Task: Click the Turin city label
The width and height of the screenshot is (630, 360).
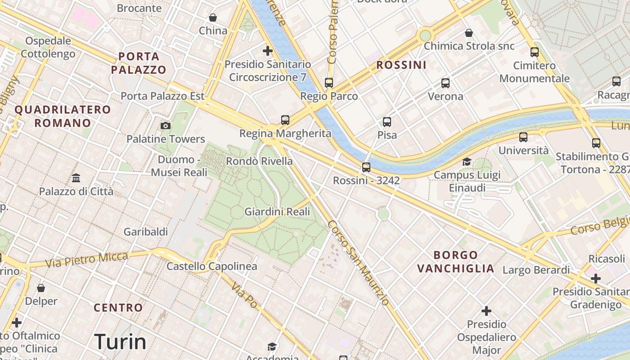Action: click(x=120, y=342)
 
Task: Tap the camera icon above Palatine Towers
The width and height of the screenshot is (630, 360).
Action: click(x=166, y=126)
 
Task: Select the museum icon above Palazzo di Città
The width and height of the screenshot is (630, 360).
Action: click(x=76, y=178)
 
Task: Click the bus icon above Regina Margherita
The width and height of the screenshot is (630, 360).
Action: click(x=285, y=120)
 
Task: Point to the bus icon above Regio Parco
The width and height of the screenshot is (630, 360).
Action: click(x=329, y=83)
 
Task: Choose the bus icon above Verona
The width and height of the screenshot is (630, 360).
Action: click(x=445, y=83)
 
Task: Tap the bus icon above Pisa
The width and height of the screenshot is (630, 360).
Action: click(x=387, y=121)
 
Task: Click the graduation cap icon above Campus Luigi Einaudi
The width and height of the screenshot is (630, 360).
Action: click(x=467, y=162)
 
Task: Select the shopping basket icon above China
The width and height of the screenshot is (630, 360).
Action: click(x=213, y=18)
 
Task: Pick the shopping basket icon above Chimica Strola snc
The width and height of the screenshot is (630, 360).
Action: click(x=469, y=33)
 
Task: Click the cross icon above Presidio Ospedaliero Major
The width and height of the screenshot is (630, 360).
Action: click(x=486, y=311)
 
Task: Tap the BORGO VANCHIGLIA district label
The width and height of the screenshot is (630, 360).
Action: click(x=455, y=262)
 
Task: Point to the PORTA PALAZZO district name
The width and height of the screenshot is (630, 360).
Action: click(x=139, y=63)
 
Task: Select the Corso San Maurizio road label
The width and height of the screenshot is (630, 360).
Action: click(x=358, y=263)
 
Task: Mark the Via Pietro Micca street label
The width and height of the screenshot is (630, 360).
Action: click(x=87, y=261)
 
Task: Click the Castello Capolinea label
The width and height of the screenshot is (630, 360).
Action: click(x=212, y=266)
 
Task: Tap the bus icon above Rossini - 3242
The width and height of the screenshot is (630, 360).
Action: click(x=366, y=167)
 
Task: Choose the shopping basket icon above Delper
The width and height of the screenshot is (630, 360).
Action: click(x=41, y=288)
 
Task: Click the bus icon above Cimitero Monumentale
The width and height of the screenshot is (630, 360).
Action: click(x=535, y=52)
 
